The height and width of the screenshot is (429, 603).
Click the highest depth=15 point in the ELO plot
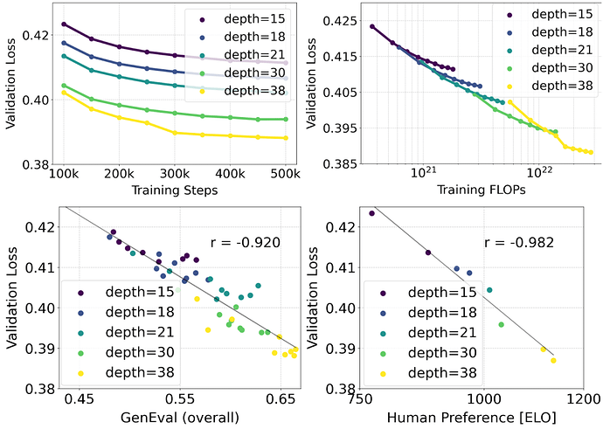click(371, 212)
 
